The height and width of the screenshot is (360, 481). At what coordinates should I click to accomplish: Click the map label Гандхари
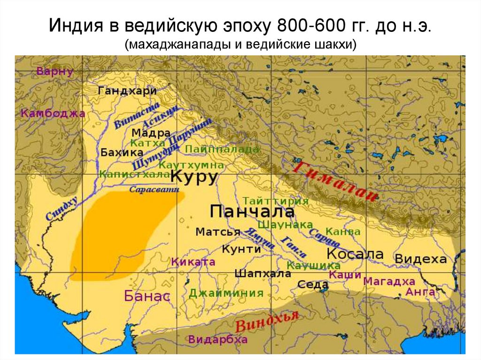coord(127,91)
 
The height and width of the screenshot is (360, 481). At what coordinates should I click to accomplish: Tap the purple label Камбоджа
coord(53,113)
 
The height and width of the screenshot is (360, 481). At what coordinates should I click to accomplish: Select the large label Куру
coord(194,177)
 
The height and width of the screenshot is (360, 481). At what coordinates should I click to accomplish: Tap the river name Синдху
coord(62,209)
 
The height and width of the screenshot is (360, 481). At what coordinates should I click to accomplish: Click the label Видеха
coord(420,259)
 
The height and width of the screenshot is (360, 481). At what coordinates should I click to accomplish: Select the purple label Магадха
coord(390,282)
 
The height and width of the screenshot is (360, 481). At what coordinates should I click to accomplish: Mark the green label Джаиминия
coord(226,293)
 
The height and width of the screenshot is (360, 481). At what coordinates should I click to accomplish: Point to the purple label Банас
coord(147,296)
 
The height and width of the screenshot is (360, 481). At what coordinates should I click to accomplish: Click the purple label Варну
coord(55,72)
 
